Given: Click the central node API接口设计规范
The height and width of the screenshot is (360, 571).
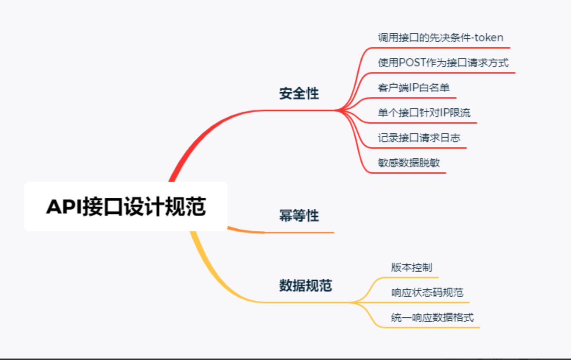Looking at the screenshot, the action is [x=126, y=207].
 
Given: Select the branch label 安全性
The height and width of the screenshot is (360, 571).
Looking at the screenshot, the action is [x=299, y=93].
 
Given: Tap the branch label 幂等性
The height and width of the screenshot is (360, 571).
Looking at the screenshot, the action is [x=299, y=216].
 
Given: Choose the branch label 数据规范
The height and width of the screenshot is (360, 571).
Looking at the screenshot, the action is [x=306, y=285].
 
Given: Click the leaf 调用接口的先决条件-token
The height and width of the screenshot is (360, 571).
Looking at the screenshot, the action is [x=441, y=38].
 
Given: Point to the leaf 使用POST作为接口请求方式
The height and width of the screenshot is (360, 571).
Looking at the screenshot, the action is [x=443, y=63].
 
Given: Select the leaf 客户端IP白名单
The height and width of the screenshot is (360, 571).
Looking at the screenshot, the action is [x=413, y=88].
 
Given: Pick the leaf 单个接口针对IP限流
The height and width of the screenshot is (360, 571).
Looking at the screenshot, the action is [x=424, y=113].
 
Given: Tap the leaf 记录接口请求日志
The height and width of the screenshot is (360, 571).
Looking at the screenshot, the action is [x=419, y=138].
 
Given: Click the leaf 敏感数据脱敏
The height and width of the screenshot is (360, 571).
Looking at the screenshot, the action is [x=409, y=163].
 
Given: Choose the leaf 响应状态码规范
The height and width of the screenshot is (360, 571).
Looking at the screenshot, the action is [x=427, y=293].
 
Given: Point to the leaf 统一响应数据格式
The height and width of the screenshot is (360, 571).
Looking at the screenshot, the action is [x=432, y=317].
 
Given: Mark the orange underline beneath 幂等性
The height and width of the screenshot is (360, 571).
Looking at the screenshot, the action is [x=299, y=233].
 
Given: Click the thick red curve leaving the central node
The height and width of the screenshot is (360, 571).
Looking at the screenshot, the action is [x=204, y=133].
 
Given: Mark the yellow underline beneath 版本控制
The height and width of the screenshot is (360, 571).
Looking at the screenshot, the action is [x=410, y=278].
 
